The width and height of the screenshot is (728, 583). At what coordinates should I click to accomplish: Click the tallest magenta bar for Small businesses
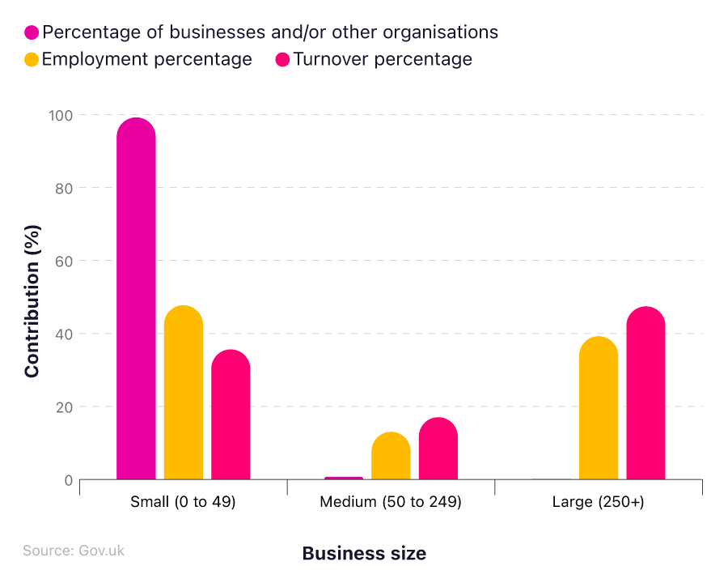pyautogui.click(x=136, y=300)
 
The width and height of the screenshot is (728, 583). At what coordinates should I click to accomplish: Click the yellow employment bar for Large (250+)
pyautogui.click(x=599, y=408)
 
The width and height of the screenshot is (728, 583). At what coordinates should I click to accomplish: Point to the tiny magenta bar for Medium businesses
pyautogui.click(x=344, y=478)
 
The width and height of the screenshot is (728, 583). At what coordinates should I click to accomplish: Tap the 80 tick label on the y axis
pyautogui.click(x=63, y=188)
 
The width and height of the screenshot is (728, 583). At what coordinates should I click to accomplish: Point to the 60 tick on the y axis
pyautogui.click(x=63, y=261)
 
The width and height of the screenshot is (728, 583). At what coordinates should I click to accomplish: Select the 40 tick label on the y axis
pyautogui.click(x=63, y=334)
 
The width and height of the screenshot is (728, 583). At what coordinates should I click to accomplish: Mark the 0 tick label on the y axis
pyautogui.click(x=68, y=480)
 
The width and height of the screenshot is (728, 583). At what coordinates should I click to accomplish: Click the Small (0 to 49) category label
pyautogui.click(x=183, y=502)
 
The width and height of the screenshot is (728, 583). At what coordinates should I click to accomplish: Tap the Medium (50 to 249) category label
pyautogui.click(x=391, y=502)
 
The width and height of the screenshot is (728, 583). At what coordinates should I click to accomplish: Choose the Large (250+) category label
pyautogui.click(x=599, y=502)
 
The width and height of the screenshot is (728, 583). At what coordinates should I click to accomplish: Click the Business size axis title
pyautogui.click(x=364, y=553)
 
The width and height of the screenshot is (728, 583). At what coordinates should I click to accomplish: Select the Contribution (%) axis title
pyautogui.click(x=32, y=300)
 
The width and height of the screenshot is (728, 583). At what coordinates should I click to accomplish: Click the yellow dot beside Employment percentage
pyautogui.click(x=32, y=60)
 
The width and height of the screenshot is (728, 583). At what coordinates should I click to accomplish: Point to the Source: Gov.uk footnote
pyautogui.click(x=74, y=551)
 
